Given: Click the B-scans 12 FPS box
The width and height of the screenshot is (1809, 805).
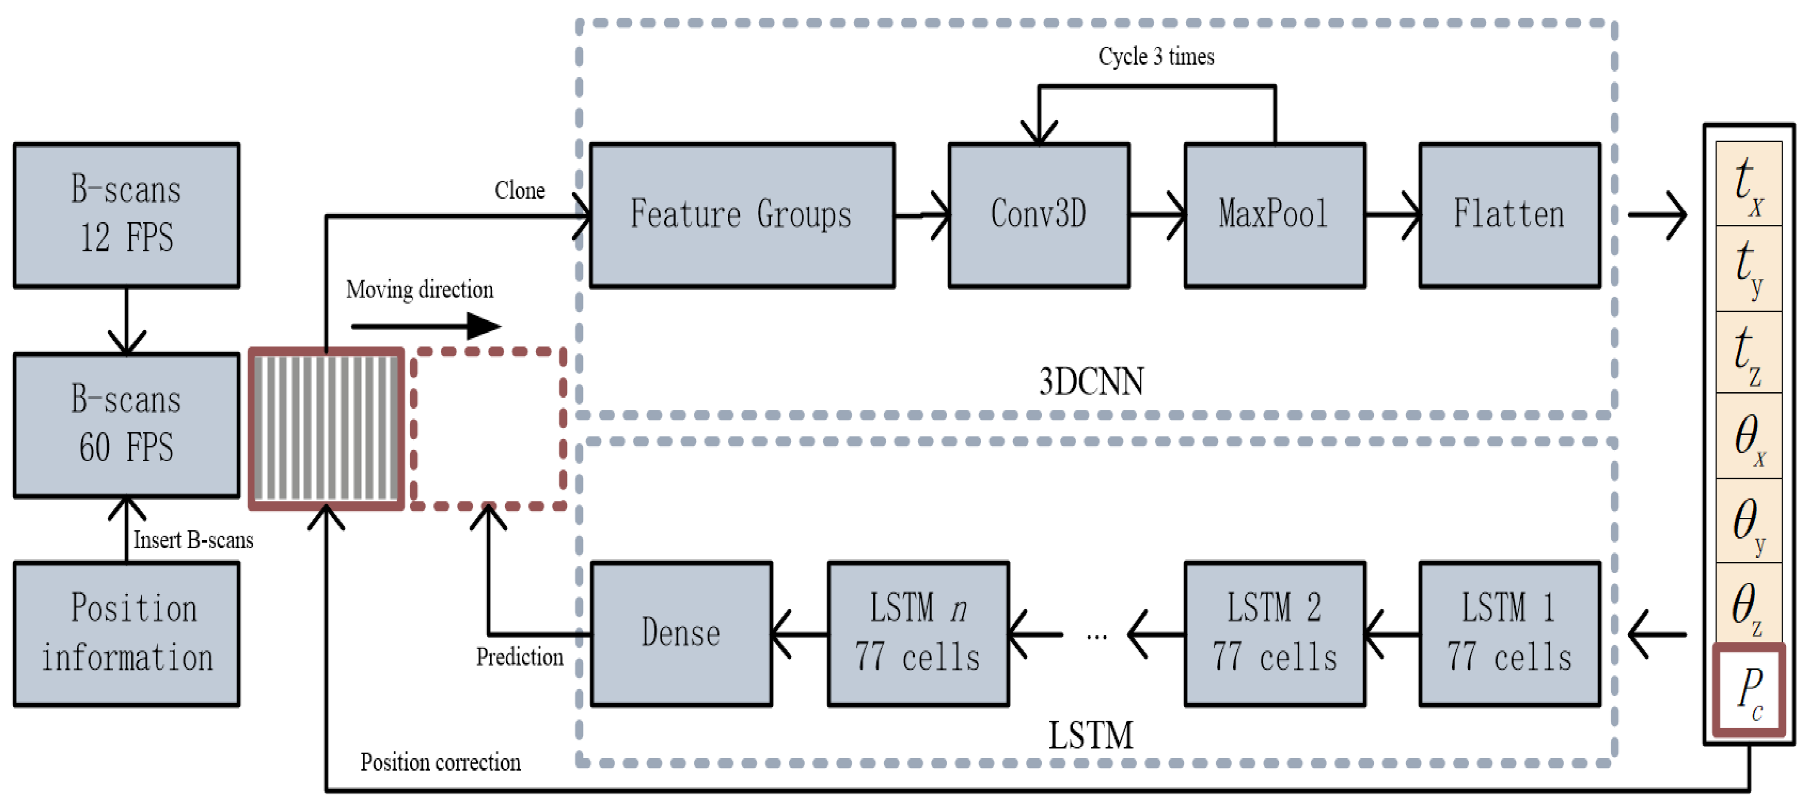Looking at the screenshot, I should coord(126,215).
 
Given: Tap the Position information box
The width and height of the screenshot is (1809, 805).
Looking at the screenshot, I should coord(126,633).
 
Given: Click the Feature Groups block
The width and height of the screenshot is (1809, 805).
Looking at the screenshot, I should coord(742,215).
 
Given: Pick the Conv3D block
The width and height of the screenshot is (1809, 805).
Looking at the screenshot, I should coord(1039,215).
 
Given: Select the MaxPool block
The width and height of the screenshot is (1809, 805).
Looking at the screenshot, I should coord(1274,215).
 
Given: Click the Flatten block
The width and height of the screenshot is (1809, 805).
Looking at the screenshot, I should coord(1509,215).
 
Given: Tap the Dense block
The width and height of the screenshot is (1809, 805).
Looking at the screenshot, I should coord(681,633).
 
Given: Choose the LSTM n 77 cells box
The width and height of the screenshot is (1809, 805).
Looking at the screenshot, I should coord(918,633).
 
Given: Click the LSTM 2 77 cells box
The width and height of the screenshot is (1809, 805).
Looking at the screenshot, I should coord(1274,633).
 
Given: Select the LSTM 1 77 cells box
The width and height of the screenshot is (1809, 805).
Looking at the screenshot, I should coord(1509,633).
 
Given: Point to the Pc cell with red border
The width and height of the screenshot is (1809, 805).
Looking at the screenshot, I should coord(1748,690).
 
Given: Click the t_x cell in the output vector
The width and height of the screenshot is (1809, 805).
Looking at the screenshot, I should coord(1748,183).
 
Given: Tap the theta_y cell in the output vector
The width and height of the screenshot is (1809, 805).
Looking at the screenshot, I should coord(1748,521).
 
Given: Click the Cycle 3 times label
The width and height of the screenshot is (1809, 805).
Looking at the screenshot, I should coord(1156,56).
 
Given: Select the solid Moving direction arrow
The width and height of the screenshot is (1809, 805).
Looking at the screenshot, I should coord(425,326).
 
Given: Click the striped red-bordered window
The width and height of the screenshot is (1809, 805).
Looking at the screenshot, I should coord(326,428).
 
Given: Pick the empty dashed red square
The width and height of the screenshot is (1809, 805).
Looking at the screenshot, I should coord(489,428).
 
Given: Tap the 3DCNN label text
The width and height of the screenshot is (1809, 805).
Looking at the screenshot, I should coord(1090,382).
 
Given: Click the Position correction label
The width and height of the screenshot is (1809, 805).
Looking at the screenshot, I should coord(440,762).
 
